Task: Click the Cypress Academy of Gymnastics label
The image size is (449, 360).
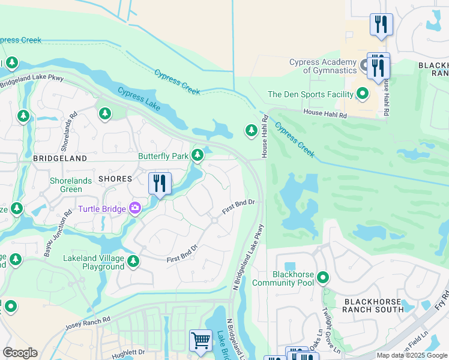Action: pyautogui.click(x=323, y=66)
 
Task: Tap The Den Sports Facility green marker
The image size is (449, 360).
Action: pyautogui.click(x=363, y=94)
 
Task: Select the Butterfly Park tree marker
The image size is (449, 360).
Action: pyautogui.click(x=197, y=156)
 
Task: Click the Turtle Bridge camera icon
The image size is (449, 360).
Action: pyautogui.click(x=135, y=208)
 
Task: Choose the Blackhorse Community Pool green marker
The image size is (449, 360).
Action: pyautogui.click(x=323, y=278)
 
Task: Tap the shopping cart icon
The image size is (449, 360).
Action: pyautogui.click(x=200, y=340)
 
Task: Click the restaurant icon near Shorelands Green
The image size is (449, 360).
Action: pyautogui.click(x=160, y=183)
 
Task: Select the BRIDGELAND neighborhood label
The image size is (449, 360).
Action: pyautogui.click(x=60, y=158)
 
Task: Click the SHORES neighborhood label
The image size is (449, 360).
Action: pyautogui.click(x=115, y=179)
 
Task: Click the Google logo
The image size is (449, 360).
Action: pyautogui.click(x=20, y=353)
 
